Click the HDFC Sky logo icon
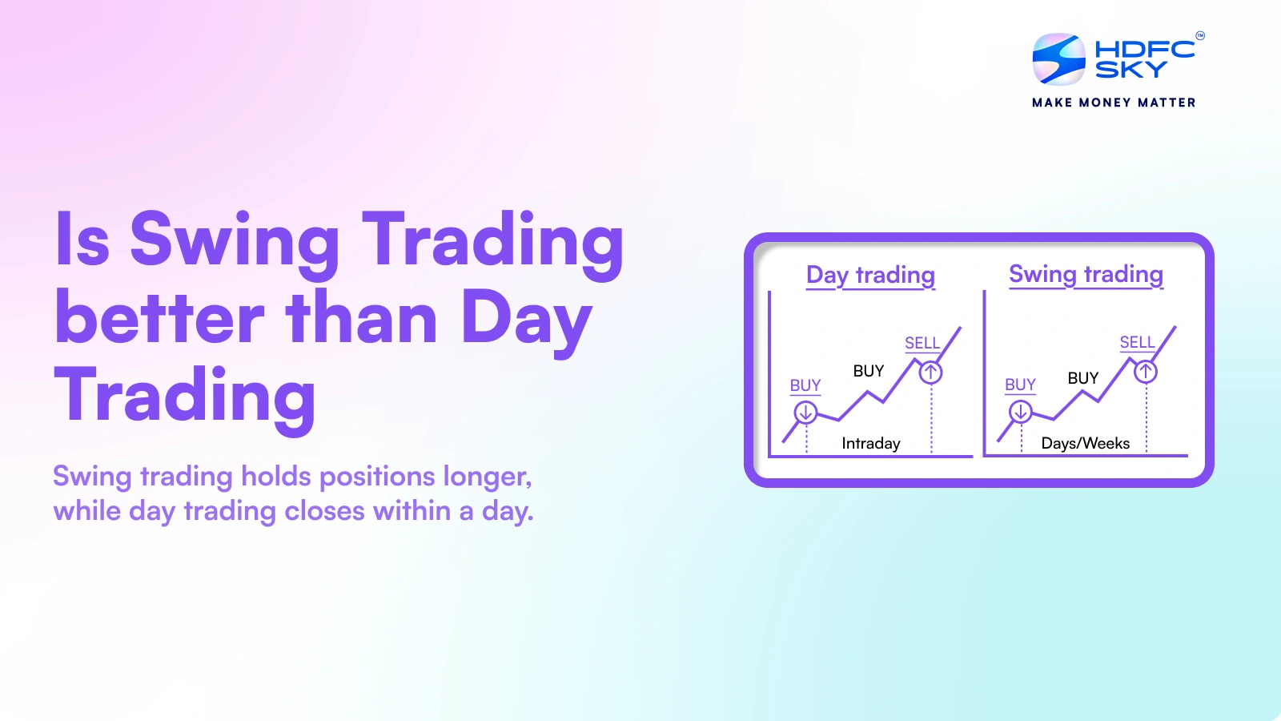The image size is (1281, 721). (x=1058, y=59)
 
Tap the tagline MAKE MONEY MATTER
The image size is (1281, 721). (x=1114, y=103)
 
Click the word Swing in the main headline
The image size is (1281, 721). (x=235, y=240)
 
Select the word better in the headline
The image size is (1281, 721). (x=159, y=318)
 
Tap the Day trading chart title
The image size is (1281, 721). (x=870, y=275)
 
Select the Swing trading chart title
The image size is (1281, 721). (x=1086, y=274)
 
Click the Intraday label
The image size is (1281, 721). (x=870, y=443)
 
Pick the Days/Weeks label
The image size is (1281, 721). (x=1085, y=443)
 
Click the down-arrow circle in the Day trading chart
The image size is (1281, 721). (x=805, y=413)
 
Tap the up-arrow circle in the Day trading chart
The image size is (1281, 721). (x=930, y=373)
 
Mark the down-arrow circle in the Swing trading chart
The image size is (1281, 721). (x=1020, y=412)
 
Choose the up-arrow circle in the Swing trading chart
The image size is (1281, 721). (x=1146, y=372)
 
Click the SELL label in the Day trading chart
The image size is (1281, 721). (x=922, y=343)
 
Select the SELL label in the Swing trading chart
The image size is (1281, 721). (x=1137, y=342)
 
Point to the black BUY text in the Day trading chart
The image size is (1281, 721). (x=868, y=371)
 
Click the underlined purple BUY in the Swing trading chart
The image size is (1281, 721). (x=1020, y=385)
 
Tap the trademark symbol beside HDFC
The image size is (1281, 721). (x=1199, y=35)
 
